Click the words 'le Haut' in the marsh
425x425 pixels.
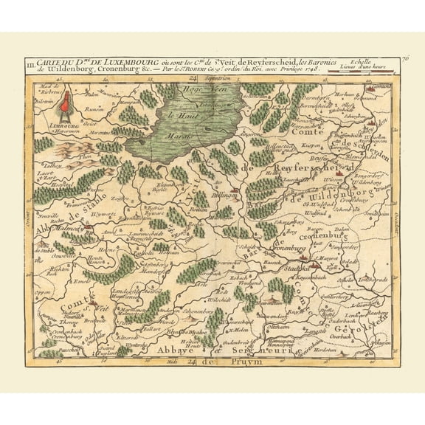pyautogui.click(x=179, y=115)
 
